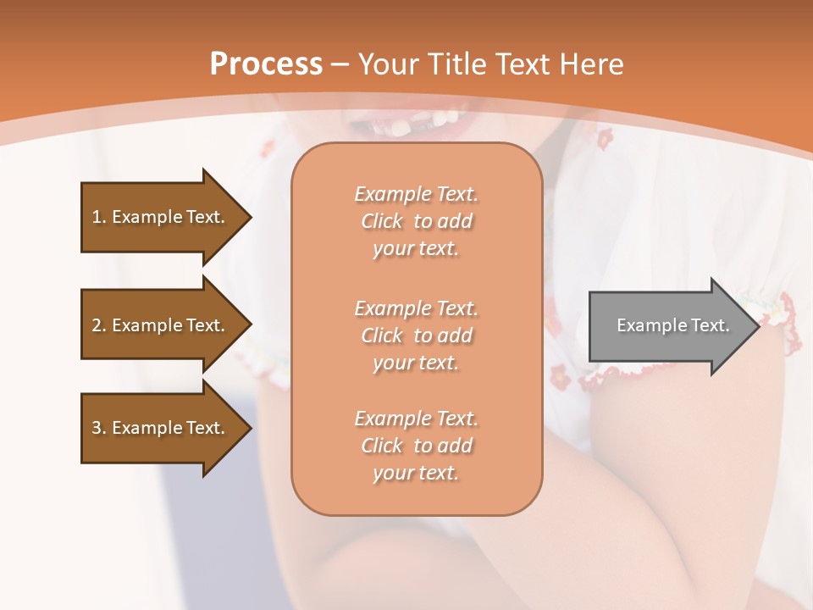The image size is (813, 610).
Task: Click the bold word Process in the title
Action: tap(266, 64)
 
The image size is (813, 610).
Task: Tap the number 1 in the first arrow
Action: tap(97, 217)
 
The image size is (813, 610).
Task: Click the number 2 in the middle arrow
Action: tap(97, 325)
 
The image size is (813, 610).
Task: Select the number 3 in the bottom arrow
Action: tap(97, 428)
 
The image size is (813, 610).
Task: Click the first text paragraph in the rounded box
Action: tap(416, 221)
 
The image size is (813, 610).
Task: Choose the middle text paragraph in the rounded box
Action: tap(416, 335)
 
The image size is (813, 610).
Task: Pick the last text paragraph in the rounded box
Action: tap(416, 446)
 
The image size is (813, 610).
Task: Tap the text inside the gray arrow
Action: tap(673, 325)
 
